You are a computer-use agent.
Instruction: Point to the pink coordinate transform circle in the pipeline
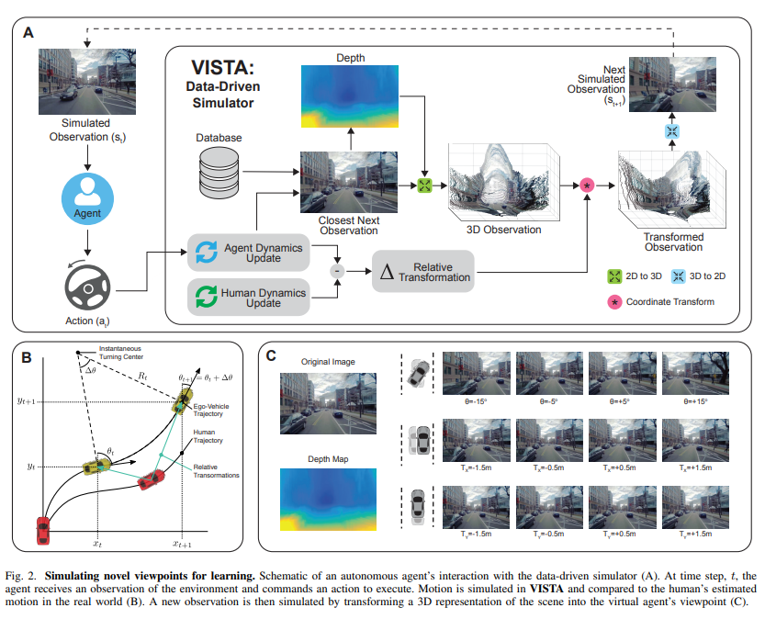coord(587,186)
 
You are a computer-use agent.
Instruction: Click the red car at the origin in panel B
coord(42,531)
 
